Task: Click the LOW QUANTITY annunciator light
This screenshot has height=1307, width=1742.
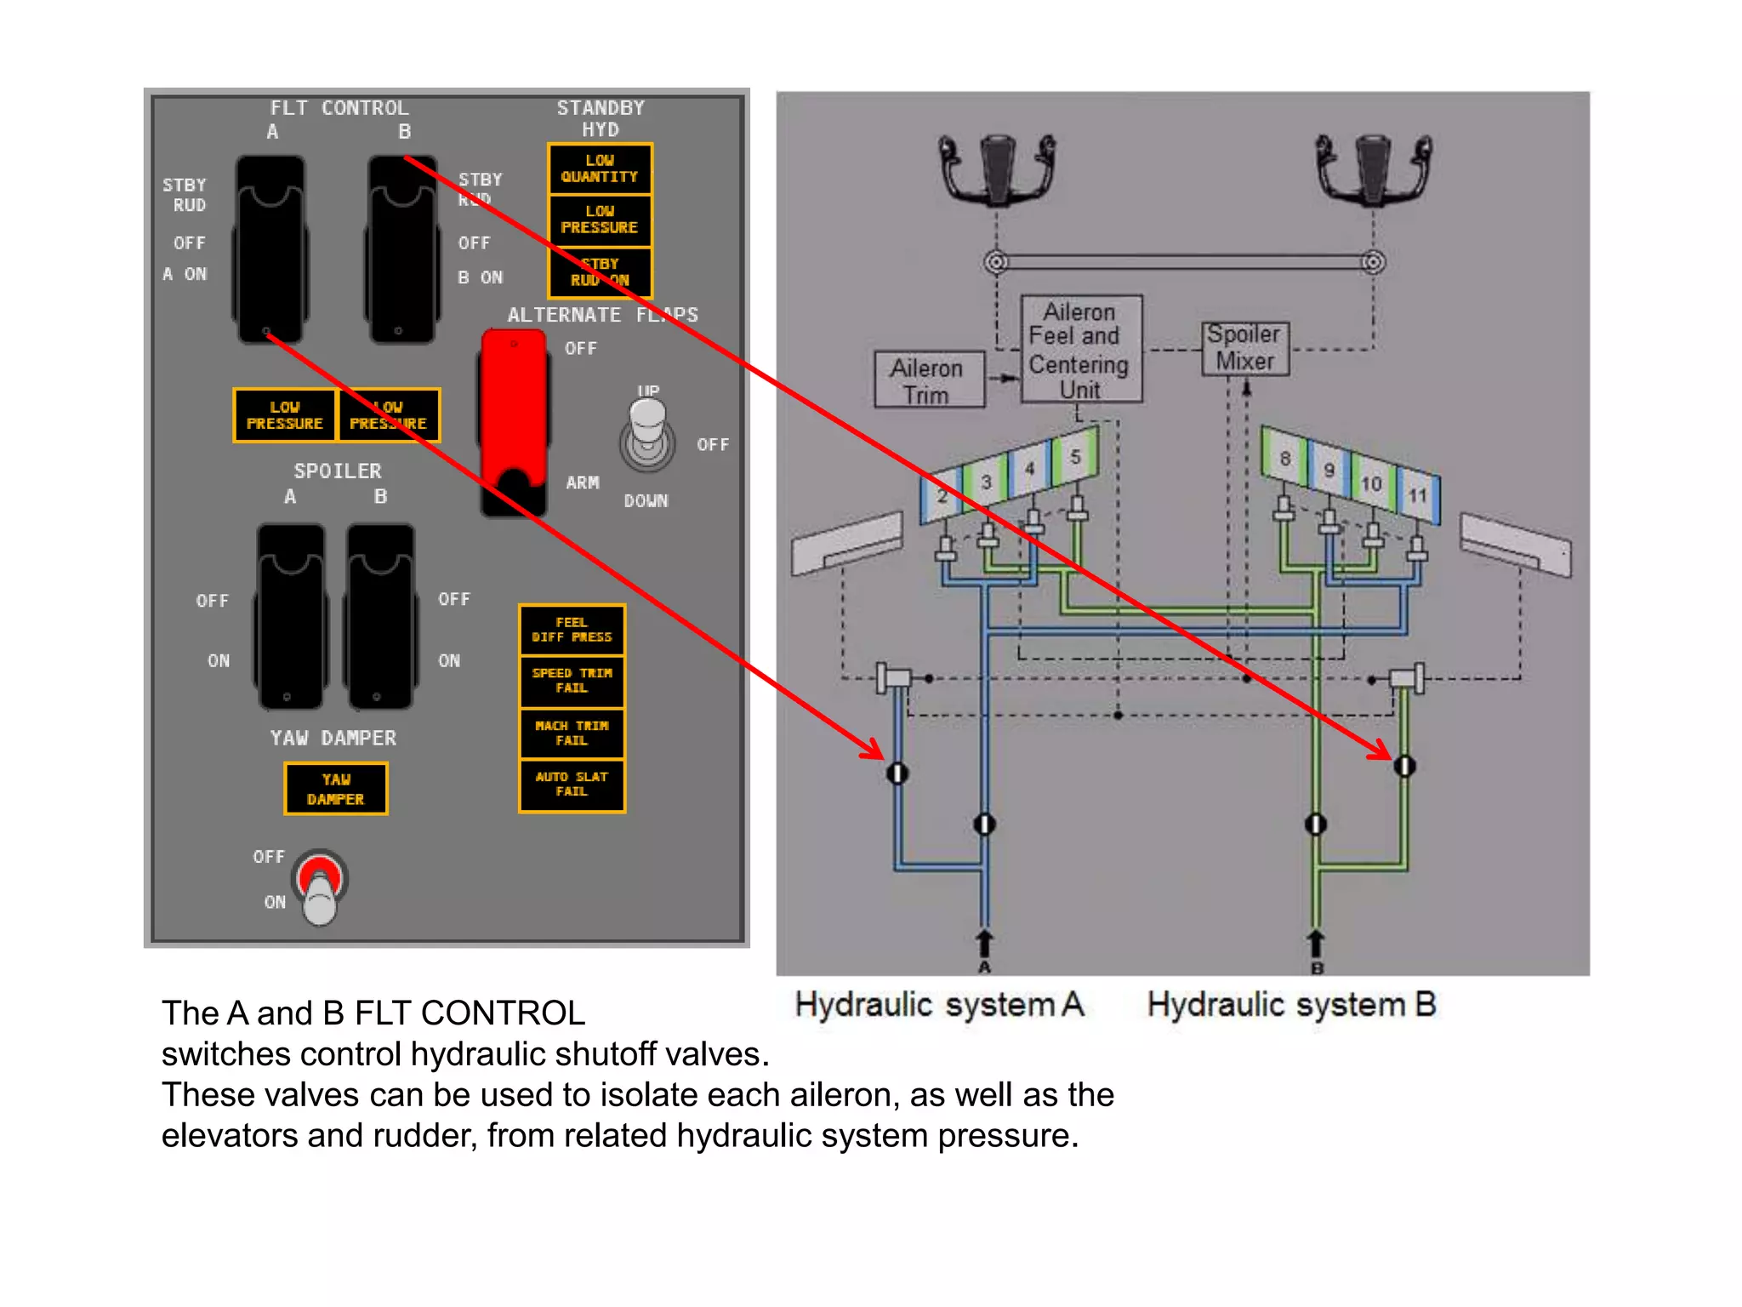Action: (600, 168)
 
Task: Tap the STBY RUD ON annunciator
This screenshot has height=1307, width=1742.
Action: (600, 271)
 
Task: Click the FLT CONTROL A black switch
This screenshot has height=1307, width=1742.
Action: (270, 249)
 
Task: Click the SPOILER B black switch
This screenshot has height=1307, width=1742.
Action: (380, 616)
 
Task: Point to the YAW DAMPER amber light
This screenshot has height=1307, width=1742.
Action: (336, 789)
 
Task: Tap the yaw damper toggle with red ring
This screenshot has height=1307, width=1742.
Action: (320, 885)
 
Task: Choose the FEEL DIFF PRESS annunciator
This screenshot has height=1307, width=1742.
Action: (572, 630)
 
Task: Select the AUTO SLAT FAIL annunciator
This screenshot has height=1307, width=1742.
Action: (572, 785)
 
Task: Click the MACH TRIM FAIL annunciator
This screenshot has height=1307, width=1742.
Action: (572, 733)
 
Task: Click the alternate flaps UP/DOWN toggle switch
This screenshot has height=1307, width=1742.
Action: (647, 434)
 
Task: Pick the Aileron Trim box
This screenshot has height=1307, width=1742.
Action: (928, 380)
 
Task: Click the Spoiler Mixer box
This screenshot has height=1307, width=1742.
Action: (1244, 348)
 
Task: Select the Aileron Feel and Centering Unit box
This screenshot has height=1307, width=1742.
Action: (1080, 350)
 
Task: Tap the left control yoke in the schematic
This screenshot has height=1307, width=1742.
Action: (997, 168)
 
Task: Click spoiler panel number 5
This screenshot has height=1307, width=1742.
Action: (1075, 457)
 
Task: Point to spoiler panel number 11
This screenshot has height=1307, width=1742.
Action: (1418, 495)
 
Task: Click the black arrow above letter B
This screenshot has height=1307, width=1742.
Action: (1315, 943)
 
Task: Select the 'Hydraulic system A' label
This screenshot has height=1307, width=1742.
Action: (939, 1005)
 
